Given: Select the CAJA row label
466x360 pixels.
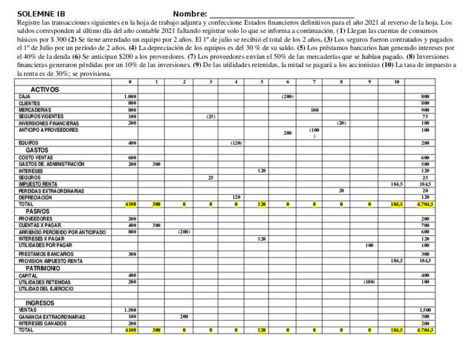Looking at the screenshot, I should [24, 96].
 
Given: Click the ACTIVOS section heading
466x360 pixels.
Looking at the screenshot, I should [45, 89].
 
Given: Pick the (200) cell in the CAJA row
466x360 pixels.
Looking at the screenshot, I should [288, 96].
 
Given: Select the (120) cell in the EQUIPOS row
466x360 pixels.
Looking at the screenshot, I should [235, 143].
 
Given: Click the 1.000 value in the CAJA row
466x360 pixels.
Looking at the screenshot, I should [131, 96].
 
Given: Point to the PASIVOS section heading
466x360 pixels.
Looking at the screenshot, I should [39, 211].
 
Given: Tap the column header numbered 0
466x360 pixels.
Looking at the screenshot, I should [131, 82].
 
